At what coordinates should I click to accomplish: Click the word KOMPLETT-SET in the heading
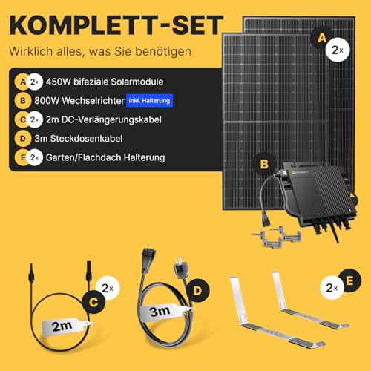[x=116, y=25]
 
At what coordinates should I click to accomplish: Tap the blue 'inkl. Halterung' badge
[x=149, y=101]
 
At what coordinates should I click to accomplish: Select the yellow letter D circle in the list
[x=23, y=139]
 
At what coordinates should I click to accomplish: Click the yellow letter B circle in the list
[x=23, y=101]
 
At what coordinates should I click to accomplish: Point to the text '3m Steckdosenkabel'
[x=79, y=139]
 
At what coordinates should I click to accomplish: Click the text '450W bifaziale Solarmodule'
[x=105, y=82]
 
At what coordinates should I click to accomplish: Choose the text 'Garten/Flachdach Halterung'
[x=105, y=157]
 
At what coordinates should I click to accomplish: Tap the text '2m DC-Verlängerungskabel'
[x=104, y=119]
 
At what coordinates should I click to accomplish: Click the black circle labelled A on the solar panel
[x=321, y=38]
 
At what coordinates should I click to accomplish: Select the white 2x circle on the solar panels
[x=338, y=50]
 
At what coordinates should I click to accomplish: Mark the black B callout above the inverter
[x=264, y=164]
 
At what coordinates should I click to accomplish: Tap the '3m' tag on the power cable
[x=163, y=312]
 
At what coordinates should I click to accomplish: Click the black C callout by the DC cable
[x=93, y=302]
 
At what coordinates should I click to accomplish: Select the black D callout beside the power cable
[x=197, y=290]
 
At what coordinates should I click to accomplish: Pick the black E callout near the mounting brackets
[x=349, y=280]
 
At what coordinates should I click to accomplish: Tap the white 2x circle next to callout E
[x=332, y=288]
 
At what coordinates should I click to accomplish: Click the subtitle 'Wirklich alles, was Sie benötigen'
[x=100, y=52]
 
